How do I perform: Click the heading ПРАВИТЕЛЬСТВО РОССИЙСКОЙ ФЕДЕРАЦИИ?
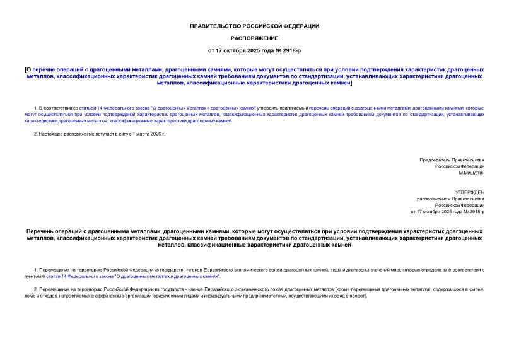pos(254,26)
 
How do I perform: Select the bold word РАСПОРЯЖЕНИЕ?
pos(254,38)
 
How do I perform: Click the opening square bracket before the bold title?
pos(25,69)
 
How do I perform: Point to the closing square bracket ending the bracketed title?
pos(351,82)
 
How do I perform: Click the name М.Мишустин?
pos(471,173)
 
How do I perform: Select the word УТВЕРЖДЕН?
pos(470,192)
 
